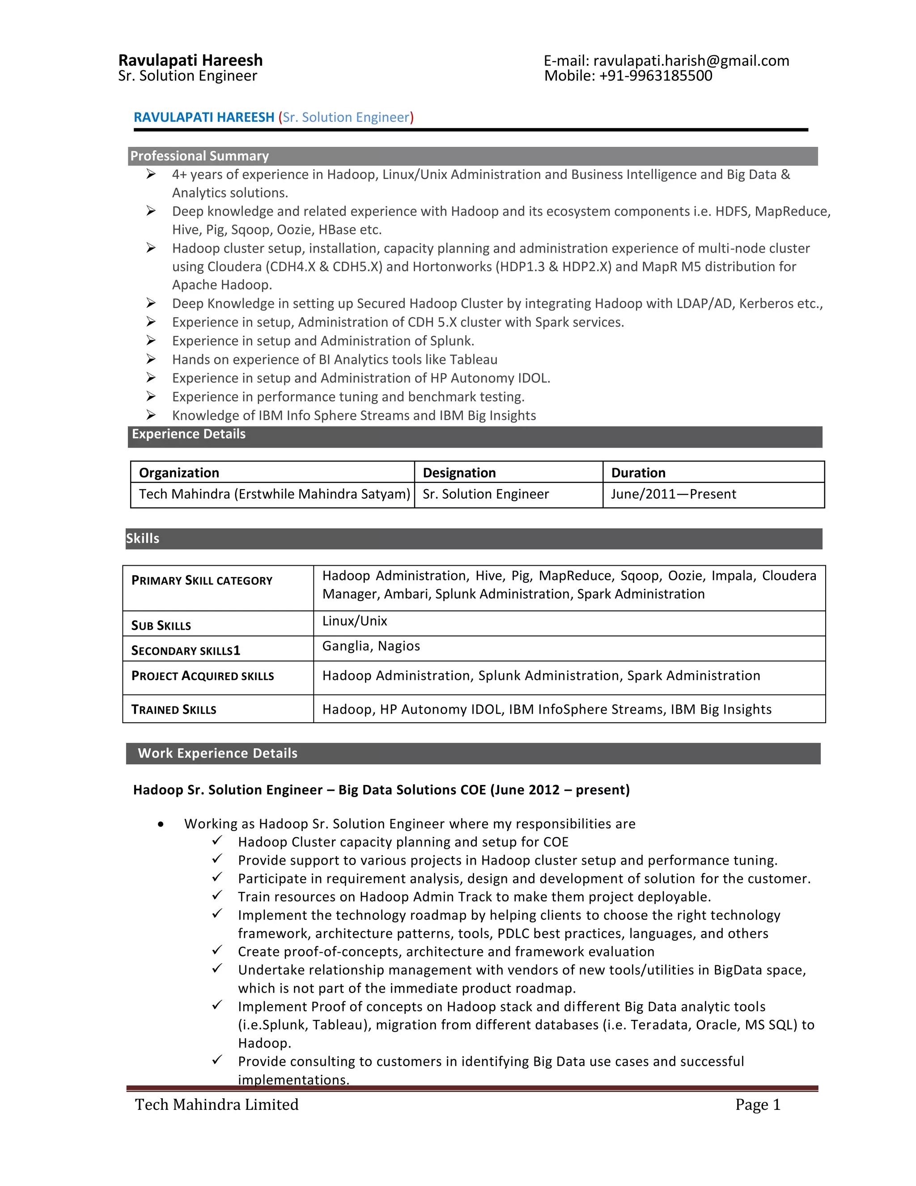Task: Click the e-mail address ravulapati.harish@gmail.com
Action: click(691, 61)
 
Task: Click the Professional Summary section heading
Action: click(199, 156)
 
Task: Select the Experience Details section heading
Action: click(188, 434)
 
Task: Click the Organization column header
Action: click(179, 473)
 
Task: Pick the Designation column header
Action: click(459, 473)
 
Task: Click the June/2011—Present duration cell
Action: click(674, 494)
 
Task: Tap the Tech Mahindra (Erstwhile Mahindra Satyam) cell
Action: click(274, 494)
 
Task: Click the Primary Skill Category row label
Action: click(202, 580)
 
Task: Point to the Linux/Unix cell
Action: click(354, 621)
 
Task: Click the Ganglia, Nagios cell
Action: click(371, 646)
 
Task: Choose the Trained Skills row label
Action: click(174, 709)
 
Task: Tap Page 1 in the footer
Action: click(758, 1105)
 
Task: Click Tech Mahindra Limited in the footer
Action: click(216, 1105)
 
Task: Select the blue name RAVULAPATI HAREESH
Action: click(204, 117)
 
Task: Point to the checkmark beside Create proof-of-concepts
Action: click(217, 950)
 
